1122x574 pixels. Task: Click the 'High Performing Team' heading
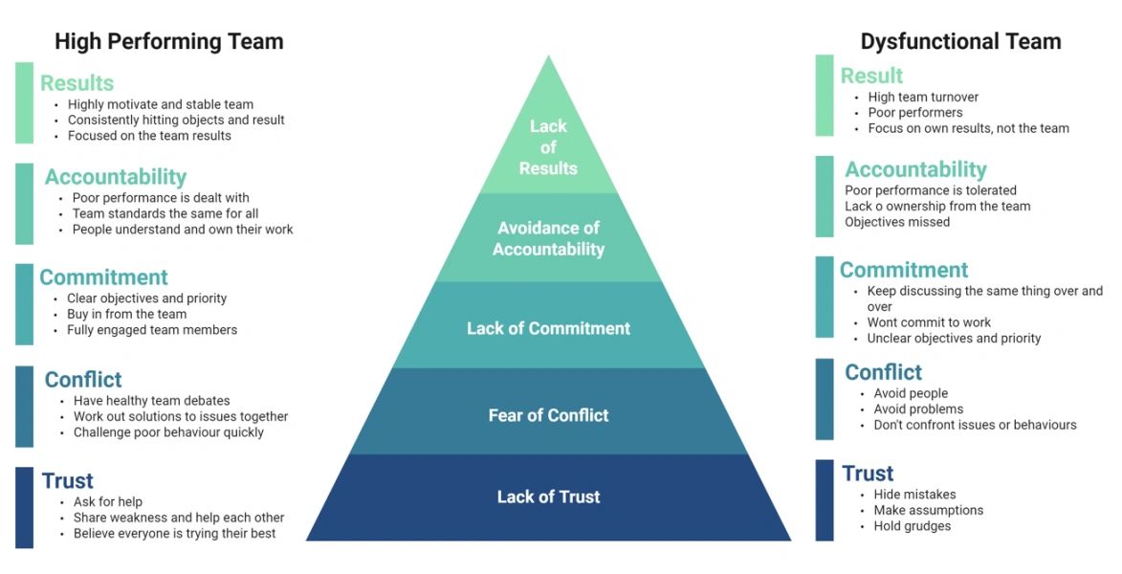pyautogui.click(x=168, y=42)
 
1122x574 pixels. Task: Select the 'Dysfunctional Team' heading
pyautogui.click(x=960, y=42)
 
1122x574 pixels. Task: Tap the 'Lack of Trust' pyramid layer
pyautogui.click(x=548, y=497)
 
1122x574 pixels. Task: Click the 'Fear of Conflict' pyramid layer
pyautogui.click(x=548, y=415)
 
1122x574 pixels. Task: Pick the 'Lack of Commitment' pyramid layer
pyautogui.click(x=548, y=328)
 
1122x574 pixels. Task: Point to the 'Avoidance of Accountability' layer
pyautogui.click(x=548, y=238)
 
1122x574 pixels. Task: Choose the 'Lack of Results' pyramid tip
pyautogui.click(x=548, y=147)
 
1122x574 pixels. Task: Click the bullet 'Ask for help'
pyautogui.click(x=108, y=502)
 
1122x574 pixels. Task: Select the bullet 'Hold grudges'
pyautogui.click(x=912, y=525)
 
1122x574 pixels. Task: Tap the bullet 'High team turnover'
pyautogui.click(x=923, y=97)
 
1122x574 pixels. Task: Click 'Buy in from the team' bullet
pyautogui.click(x=126, y=314)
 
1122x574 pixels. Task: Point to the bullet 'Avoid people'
pyautogui.click(x=911, y=393)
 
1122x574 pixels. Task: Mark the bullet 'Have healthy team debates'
pyautogui.click(x=151, y=401)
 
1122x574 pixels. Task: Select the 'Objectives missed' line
pyautogui.click(x=897, y=222)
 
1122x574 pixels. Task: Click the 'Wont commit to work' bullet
pyautogui.click(x=929, y=322)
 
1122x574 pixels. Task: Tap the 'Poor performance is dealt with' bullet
pyautogui.click(x=161, y=198)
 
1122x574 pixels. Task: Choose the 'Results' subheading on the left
pyautogui.click(x=77, y=83)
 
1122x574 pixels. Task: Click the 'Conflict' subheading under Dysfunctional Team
pyautogui.click(x=883, y=372)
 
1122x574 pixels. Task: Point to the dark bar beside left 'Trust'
pyautogui.click(x=24, y=507)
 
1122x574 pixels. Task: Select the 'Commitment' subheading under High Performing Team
pyautogui.click(x=103, y=277)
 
